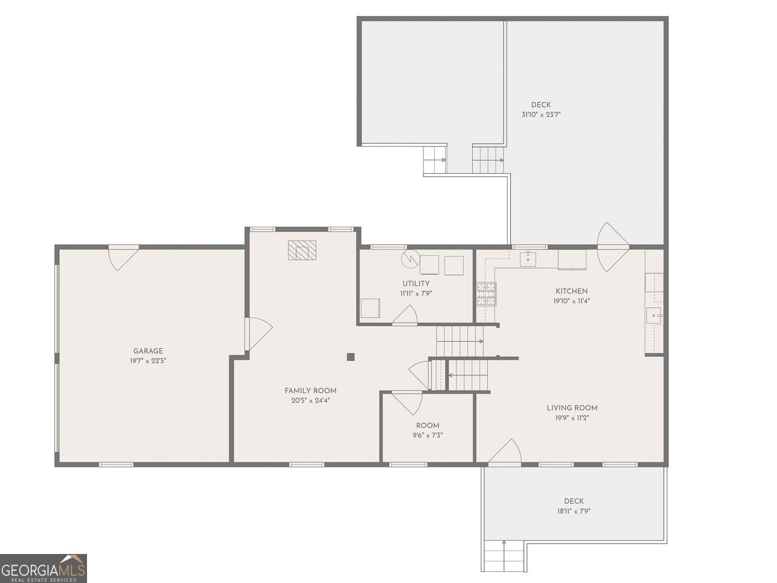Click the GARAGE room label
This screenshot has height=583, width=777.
pyautogui.click(x=148, y=351)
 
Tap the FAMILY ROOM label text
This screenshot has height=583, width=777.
pyautogui.click(x=310, y=391)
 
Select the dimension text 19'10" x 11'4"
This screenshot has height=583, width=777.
pyautogui.click(x=571, y=301)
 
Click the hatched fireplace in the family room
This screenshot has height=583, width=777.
pyautogui.click(x=302, y=250)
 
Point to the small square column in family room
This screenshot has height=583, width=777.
pyautogui.click(x=351, y=357)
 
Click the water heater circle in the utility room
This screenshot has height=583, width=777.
pyautogui.click(x=410, y=259)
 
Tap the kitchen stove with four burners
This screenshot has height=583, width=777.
pyautogui.click(x=486, y=294)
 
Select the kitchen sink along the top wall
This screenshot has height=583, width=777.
pyautogui.click(x=527, y=259)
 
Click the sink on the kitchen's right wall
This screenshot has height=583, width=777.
pyautogui.click(x=653, y=315)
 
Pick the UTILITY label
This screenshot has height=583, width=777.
pyautogui.click(x=416, y=283)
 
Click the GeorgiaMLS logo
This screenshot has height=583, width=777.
pyautogui.click(x=43, y=568)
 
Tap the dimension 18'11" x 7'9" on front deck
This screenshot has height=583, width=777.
pyautogui.click(x=573, y=511)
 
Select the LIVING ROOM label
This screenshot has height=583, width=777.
pyautogui.click(x=572, y=408)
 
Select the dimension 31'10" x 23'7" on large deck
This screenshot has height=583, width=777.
pyautogui.click(x=541, y=115)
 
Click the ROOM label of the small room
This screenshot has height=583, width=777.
pyautogui.click(x=427, y=425)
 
